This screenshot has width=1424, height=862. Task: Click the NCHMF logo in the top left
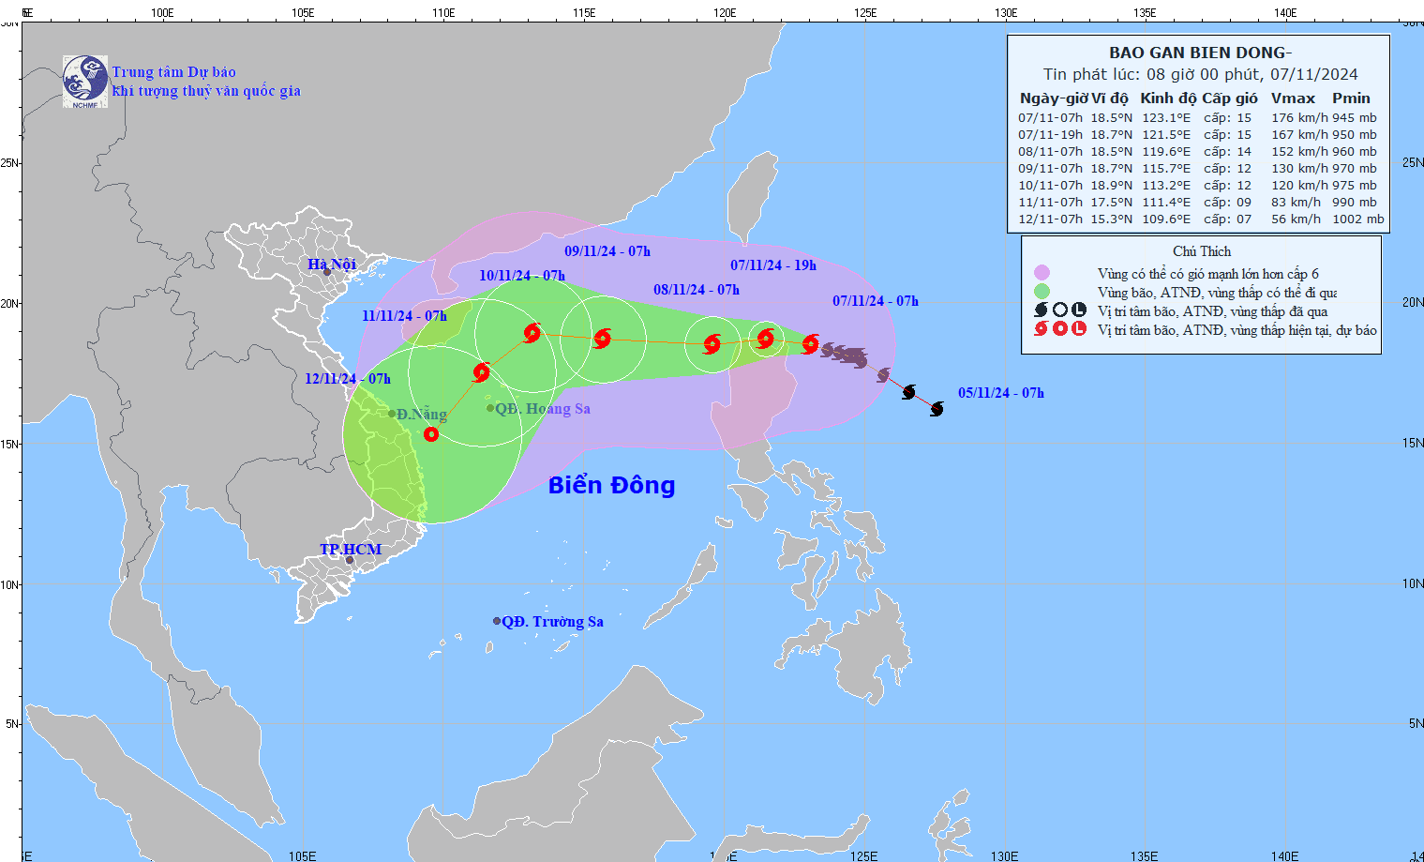point(84,82)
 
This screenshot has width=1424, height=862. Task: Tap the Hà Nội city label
point(332,265)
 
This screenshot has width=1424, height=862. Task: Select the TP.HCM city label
point(351,550)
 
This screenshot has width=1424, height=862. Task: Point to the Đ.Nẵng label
point(421,415)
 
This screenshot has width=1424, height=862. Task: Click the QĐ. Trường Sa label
point(552,622)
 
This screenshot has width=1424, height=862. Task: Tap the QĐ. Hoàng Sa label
point(542,409)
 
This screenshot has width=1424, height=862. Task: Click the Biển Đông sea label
point(611,485)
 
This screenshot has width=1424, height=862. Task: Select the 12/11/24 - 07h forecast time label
point(348,379)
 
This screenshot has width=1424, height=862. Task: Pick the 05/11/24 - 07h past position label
point(1000,393)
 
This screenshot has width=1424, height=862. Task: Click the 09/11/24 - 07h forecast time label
point(607,251)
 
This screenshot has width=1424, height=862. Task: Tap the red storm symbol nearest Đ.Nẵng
point(431,434)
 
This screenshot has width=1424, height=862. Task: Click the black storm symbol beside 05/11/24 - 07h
point(937,409)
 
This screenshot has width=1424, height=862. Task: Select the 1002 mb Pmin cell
point(1357,219)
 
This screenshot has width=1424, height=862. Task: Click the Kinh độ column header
point(1168,98)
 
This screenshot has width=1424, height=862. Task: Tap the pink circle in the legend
point(1042,273)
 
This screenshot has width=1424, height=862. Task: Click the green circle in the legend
point(1042,292)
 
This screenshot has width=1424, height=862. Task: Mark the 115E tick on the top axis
point(584,13)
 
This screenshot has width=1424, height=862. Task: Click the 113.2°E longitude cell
point(1166,186)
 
